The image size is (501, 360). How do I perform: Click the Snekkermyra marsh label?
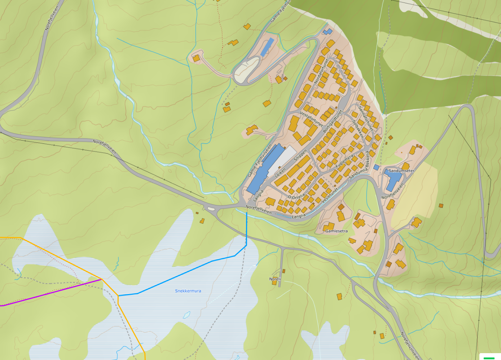[x=188, y=291]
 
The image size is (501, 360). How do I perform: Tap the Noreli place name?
[x=275, y=279]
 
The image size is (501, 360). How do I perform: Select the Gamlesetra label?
[x=337, y=231]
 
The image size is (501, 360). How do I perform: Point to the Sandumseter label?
[x=401, y=170]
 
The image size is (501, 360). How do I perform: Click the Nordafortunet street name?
[x=321, y=71]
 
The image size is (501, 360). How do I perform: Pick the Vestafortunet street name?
[x=311, y=119]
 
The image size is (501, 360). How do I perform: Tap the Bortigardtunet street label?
[x=332, y=121]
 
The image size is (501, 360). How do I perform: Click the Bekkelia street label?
[x=368, y=159]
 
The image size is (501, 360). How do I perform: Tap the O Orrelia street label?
[x=296, y=197]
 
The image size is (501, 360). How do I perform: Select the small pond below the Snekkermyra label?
[x=186, y=315]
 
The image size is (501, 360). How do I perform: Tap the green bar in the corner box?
[x=489, y=358]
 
